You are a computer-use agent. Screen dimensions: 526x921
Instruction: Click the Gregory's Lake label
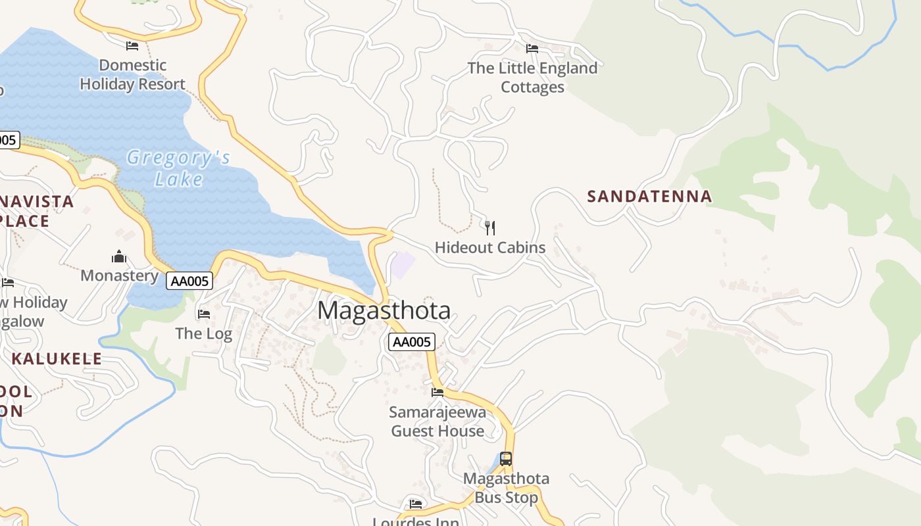pyautogui.click(x=178, y=168)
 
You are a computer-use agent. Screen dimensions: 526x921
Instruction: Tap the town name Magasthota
pyautogui.click(x=384, y=310)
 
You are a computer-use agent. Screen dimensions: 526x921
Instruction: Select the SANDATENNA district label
pyautogui.click(x=649, y=196)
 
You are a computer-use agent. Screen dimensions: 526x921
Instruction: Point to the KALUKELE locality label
pyautogui.click(x=57, y=358)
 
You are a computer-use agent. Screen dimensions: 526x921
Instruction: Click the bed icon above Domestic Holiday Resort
pyautogui.click(x=132, y=46)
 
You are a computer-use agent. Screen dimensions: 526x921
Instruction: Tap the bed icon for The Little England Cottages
pyautogui.click(x=532, y=49)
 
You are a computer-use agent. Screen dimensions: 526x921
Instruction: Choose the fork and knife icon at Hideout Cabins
pyautogui.click(x=489, y=228)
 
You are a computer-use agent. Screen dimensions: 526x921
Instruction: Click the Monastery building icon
pyautogui.click(x=119, y=256)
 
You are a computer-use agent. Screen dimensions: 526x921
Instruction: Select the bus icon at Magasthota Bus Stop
pyautogui.click(x=505, y=459)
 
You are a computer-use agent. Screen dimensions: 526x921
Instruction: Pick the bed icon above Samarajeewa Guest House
pyautogui.click(x=437, y=393)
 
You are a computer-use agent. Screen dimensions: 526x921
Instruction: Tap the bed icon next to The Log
pyautogui.click(x=204, y=314)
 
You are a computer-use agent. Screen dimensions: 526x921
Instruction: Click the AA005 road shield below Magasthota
pyautogui.click(x=412, y=342)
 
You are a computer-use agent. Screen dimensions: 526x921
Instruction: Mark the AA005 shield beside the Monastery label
pyautogui.click(x=189, y=281)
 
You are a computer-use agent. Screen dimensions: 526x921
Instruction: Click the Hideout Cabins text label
pyautogui.click(x=490, y=248)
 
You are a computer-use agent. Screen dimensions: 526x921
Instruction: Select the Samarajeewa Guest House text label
pyautogui.click(x=437, y=421)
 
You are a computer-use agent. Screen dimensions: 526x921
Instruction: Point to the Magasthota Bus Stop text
pyautogui.click(x=506, y=488)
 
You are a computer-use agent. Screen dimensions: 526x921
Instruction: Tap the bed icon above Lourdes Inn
pyautogui.click(x=415, y=504)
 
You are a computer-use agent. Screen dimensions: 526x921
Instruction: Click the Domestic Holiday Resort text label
pyautogui.click(x=133, y=74)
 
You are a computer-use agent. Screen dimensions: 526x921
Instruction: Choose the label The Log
pyautogui.click(x=203, y=333)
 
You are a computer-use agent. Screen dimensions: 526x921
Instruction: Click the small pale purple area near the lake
pyautogui.click(x=403, y=265)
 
